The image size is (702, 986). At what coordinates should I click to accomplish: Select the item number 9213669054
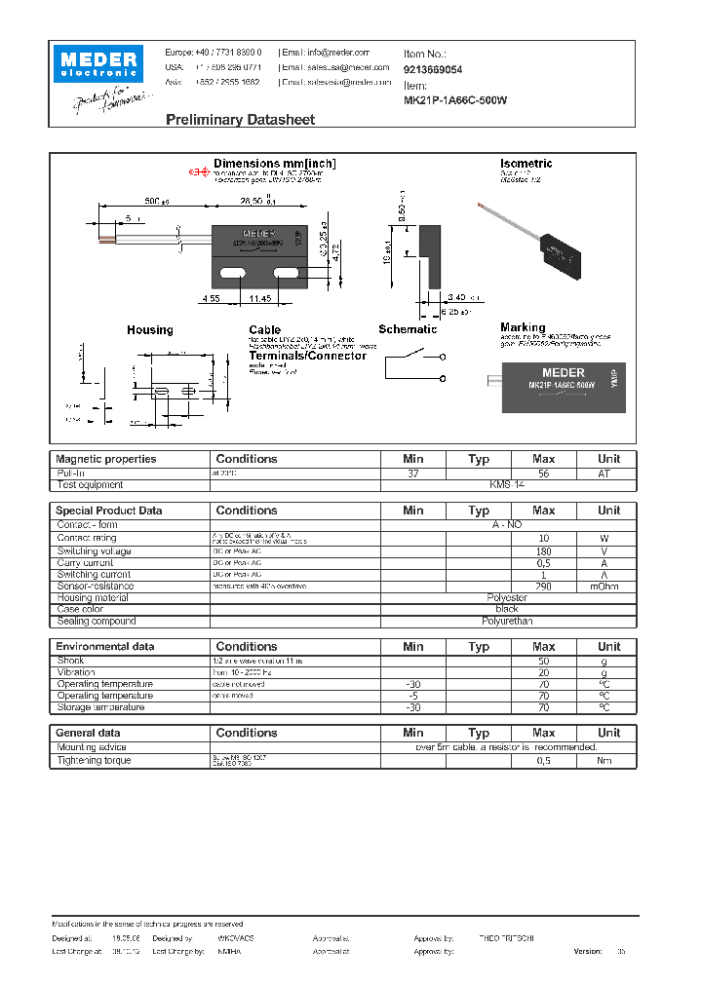tap(433, 70)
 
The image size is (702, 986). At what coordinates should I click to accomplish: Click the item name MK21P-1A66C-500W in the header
tap(455, 100)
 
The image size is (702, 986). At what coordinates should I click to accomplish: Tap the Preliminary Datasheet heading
tap(240, 120)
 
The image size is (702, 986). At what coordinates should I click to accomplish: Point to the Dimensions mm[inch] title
tap(274, 164)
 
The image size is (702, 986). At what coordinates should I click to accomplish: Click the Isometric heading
tap(526, 164)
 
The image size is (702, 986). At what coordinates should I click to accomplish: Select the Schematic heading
tap(408, 329)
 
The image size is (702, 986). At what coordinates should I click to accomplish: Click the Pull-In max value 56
tap(543, 473)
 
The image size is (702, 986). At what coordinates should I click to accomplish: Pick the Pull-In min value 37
tap(412, 473)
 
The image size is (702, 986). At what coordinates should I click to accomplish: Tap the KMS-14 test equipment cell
tap(507, 484)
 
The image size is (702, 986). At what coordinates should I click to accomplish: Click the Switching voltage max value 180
tap(543, 551)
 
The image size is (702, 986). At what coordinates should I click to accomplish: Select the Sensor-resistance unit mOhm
tap(608, 587)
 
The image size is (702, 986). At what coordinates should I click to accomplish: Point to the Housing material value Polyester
tap(507, 598)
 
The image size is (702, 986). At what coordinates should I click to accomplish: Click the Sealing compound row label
tap(97, 621)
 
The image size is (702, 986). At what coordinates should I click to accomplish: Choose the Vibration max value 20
tap(543, 672)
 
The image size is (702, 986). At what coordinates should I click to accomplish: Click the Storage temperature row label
tap(100, 707)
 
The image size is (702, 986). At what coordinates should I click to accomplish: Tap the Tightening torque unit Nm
tap(608, 760)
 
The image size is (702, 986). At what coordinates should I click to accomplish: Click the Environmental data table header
tap(104, 647)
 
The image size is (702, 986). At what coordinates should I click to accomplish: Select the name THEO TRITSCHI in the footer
tap(507, 937)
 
